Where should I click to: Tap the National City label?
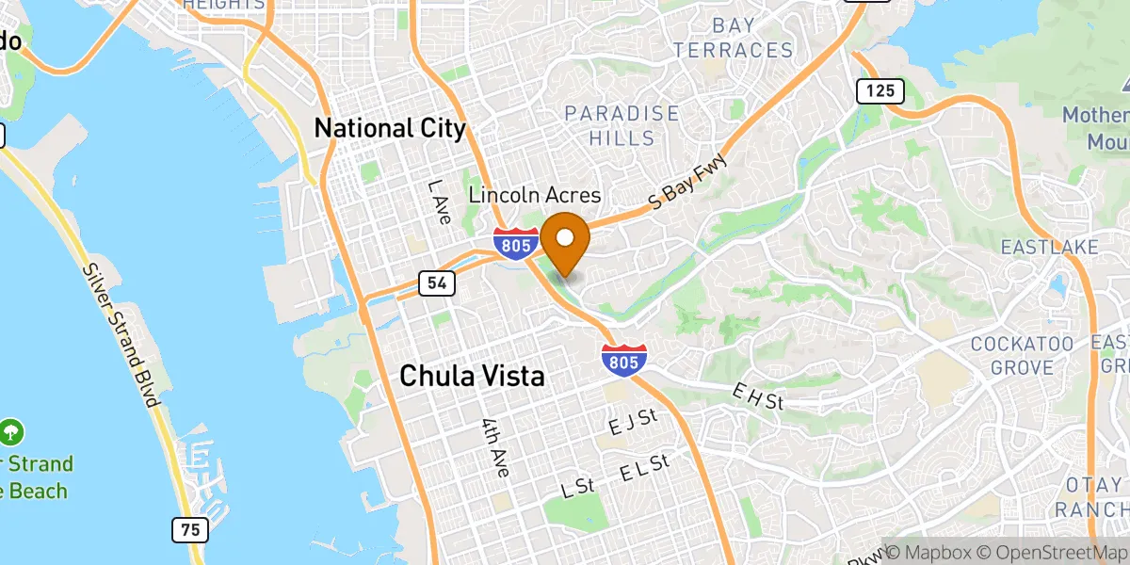[x=390, y=128]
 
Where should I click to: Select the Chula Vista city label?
[x=472, y=376]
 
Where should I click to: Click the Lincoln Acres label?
[x=535, y=195]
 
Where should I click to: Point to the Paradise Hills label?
[x=621, y=125]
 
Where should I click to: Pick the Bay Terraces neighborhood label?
[x=733, y=38]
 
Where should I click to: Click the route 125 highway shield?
[x=880, y=91]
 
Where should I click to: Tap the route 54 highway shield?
[x=436, y=282]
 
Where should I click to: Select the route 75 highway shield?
[x=190, y=530]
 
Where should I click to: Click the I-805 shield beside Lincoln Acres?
[x=515, y=242]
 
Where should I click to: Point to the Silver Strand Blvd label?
[x=120, y=333]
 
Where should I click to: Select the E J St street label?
[x=632, y=421]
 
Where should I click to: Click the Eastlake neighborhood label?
[x=1049, y=247]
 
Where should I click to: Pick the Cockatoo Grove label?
[x=1022, y=355]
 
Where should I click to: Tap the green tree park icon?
[x=12, y=432]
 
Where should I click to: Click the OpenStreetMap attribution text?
[x=1059, y=552]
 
